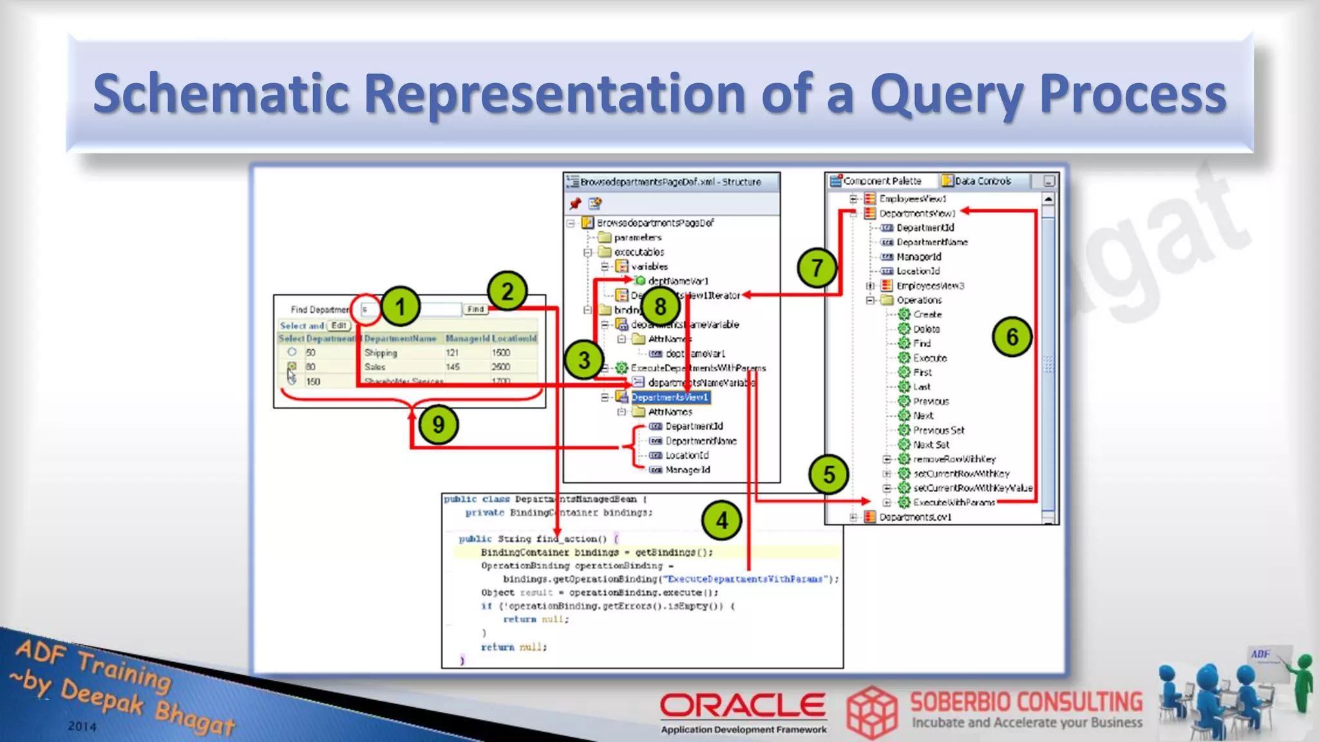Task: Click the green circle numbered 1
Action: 400,307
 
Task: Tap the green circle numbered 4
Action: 721,520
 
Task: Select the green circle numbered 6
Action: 1012,337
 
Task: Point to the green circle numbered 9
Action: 439,424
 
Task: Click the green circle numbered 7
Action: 817,267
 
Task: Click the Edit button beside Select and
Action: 339,325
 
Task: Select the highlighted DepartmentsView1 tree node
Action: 670,397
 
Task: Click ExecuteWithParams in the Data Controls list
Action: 954,502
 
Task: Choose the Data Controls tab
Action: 982,181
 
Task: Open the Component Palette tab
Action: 882,181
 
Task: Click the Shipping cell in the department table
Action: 381,353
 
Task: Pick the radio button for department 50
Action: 292,352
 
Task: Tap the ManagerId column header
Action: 467,338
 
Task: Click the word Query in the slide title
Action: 947,93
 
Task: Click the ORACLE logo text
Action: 743,706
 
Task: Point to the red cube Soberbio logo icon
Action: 871,712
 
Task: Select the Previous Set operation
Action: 938,430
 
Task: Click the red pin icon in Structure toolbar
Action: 575,204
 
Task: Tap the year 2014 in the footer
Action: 82,726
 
